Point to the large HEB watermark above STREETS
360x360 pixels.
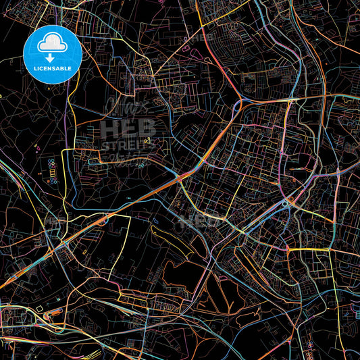click(x=128, y=128)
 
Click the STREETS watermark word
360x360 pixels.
click(x=128, y=144)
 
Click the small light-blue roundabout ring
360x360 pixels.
click(x=286, y=202)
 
